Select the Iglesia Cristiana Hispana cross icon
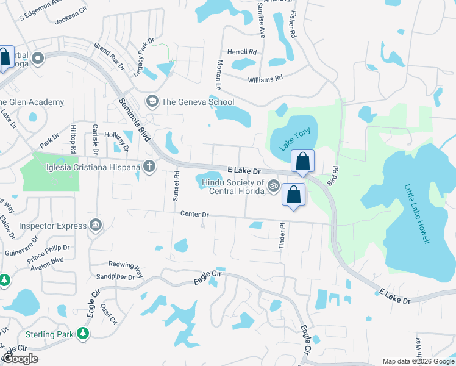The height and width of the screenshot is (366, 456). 149,166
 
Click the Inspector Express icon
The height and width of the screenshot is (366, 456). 96,226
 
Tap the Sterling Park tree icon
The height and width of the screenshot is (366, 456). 82,334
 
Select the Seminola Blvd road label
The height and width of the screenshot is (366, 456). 134,120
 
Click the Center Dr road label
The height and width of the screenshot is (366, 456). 194,214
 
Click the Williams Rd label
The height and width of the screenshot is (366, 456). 265,78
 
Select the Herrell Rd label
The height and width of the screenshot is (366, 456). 242,52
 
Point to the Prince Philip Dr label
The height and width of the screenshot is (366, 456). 48,254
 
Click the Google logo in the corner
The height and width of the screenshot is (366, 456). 21,359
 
